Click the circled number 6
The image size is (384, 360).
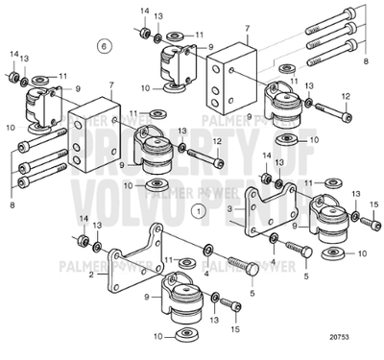point(105,45)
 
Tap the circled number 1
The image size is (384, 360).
point(198,207)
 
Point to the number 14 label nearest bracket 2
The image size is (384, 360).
point(84,220)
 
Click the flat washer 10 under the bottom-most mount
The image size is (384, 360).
point(182,336)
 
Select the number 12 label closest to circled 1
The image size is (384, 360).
point(218,140)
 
